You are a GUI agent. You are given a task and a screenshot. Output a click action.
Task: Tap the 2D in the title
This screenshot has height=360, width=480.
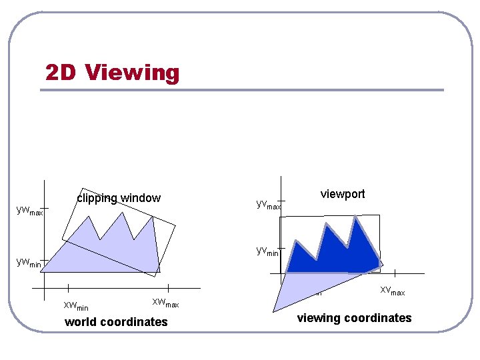(x=62, y=72)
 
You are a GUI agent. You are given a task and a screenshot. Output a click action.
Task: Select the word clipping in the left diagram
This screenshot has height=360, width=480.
(x=97, y=198)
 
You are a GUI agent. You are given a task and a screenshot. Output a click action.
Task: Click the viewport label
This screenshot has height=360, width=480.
(x=343, y=194)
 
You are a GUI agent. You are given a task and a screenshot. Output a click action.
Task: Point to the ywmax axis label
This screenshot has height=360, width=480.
(x=29, y=211)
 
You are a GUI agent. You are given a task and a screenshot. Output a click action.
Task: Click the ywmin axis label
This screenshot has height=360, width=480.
(x=28, y=263)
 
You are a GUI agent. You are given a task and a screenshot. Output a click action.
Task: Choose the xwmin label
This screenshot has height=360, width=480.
(x=75, y=306)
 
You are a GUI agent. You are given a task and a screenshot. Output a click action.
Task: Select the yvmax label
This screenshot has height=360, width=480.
(x=269, y=203)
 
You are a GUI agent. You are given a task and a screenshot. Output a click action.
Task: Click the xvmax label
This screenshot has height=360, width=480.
(x=392, y=291)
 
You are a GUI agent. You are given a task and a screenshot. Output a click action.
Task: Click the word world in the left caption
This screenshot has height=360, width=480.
(x=81, y=322)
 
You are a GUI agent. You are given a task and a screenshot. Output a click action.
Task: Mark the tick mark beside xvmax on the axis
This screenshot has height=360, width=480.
(x=395, y=273)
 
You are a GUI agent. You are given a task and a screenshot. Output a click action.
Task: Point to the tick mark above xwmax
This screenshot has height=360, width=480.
(x=168, y=287)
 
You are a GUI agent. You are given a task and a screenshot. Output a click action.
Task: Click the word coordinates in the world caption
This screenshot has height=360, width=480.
(x=135, y=322)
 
